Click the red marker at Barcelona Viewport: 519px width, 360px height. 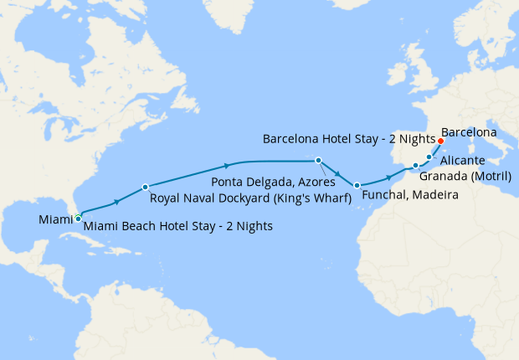[440, 141]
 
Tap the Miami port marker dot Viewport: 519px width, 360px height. [78, 218]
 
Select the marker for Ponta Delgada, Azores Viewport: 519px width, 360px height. [318, 160]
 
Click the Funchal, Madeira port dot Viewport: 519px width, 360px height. [357, 185]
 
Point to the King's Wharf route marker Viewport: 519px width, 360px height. [145, 187]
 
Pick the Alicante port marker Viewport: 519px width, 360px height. [429, 156]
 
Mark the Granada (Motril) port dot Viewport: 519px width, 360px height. [415, 166]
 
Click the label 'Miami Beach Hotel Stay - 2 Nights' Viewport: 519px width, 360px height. [178, 226]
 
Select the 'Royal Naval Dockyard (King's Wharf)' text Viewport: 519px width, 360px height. [249, 199]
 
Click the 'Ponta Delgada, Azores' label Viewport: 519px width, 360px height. [273, 181]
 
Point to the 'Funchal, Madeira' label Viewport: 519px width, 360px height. [409, 194]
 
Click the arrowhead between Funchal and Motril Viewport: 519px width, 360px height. [389, 177]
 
